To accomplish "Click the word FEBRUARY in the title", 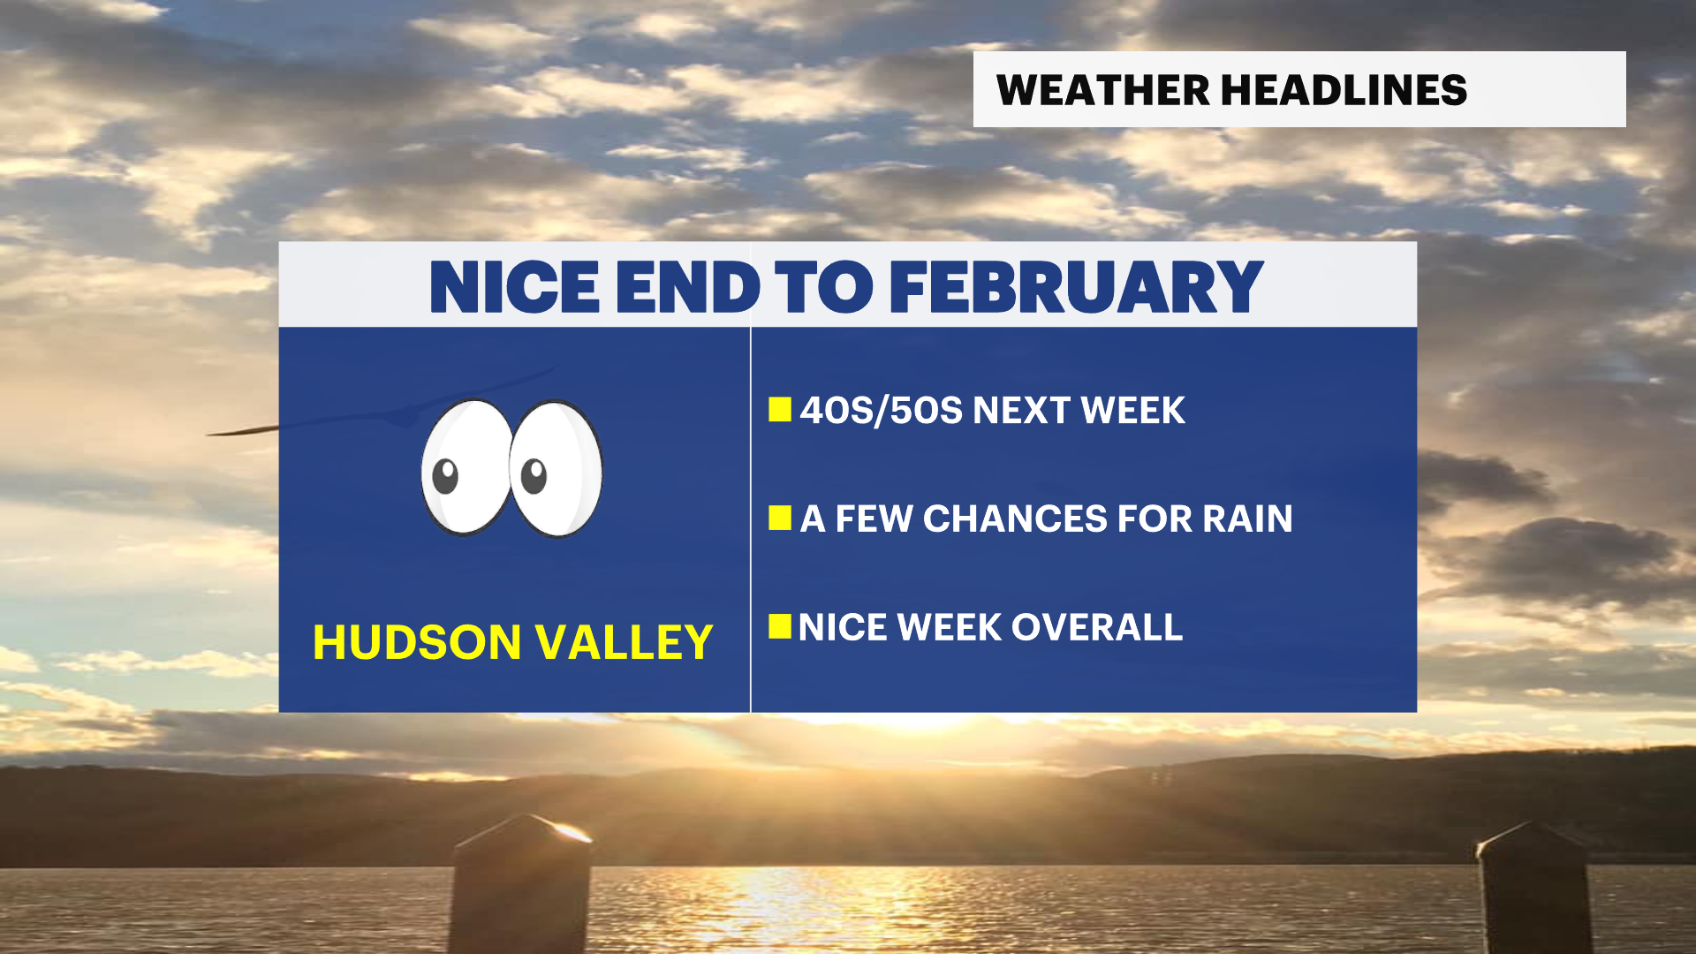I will click(1076, 287).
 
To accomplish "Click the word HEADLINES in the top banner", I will click(1344, 90).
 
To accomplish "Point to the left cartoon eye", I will click(466, 467).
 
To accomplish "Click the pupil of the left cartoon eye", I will click(445, 476).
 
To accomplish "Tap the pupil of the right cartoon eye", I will click(534, 476).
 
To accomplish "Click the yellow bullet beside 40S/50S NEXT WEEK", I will click(779, 410).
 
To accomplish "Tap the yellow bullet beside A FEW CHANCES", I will click(779, 519).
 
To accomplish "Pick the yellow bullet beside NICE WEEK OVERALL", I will click(779, 626).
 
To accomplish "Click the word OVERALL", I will click(1096, 628).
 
